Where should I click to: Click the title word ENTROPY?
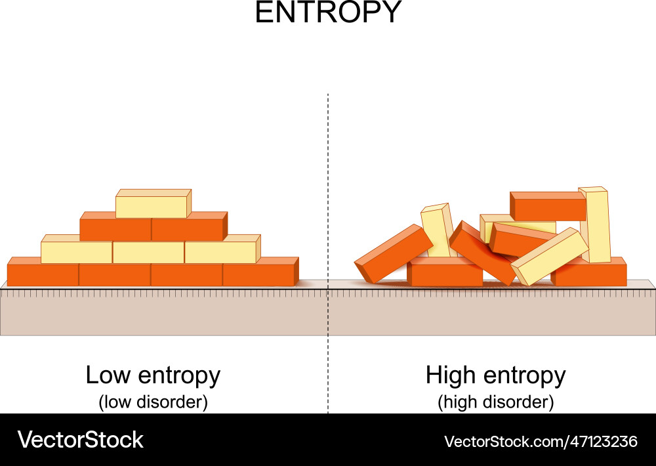327,13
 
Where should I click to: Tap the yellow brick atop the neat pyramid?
152,207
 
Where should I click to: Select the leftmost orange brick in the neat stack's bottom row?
43,274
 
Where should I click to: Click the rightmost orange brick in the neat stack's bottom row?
258,274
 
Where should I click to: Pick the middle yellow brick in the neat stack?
148,252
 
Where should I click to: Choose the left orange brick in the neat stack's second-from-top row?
115,230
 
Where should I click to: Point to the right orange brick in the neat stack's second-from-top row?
188,230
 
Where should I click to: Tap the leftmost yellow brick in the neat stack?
76,252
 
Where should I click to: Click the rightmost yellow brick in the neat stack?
220,252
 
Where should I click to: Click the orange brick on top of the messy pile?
548,206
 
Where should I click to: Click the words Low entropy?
153,376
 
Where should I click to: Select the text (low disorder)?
153,402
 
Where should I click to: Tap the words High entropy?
495,376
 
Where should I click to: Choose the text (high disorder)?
495,402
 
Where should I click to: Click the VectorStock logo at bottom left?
80,440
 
